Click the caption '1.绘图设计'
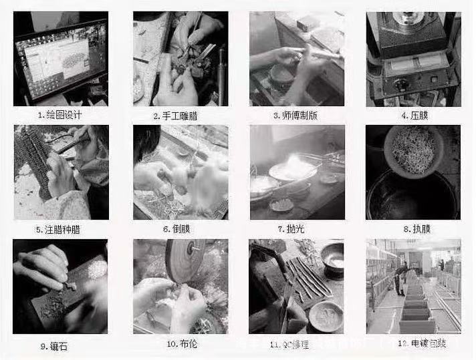[62, 115]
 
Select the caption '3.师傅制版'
[295, 115]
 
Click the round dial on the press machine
[403, 85]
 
